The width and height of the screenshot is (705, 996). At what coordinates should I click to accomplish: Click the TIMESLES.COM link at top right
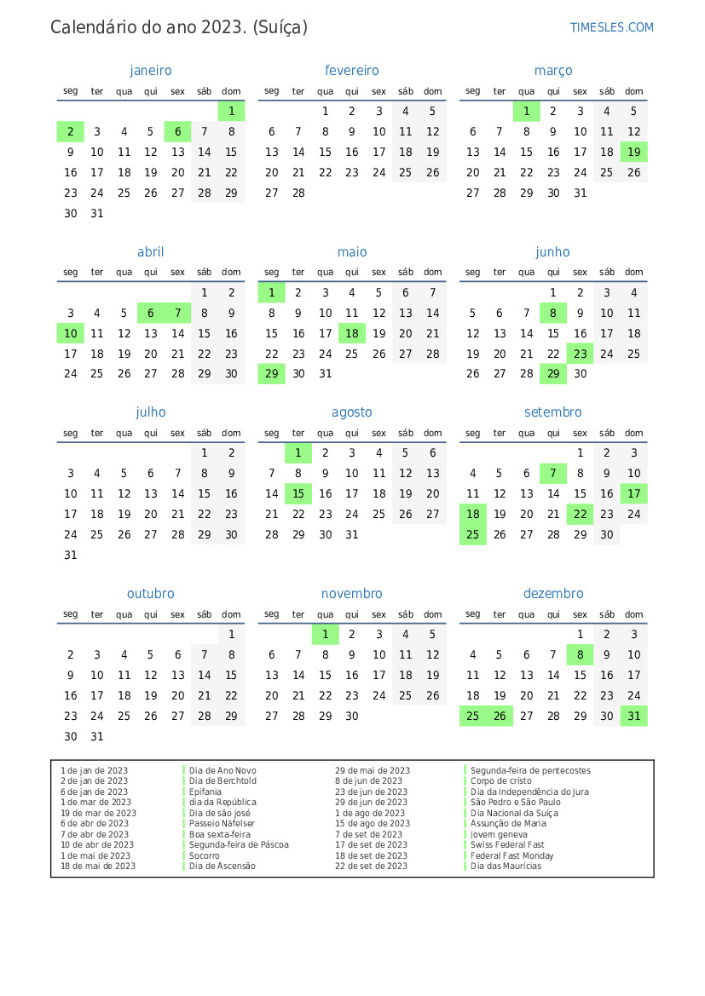click(x=611, y=27)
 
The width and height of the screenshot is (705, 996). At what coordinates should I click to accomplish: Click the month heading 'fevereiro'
click(x=351, y=71)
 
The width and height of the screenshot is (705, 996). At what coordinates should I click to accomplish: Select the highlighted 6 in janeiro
click(x=177, y=131)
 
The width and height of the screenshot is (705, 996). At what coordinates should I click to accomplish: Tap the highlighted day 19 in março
click(x=633, y=153)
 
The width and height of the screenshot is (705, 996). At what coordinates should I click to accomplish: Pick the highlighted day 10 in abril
click(x=71, y=333)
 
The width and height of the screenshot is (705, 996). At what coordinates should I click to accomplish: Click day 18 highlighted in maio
click(x=352, y=333)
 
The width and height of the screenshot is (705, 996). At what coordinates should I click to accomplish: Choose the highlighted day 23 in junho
click(x=581, y=354)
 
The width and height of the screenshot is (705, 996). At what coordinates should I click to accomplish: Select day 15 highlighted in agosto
click(x=298, y=493)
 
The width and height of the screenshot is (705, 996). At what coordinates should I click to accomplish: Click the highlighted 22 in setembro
click(x=581, y=514)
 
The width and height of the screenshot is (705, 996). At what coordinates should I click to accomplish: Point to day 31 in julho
click(x=71, y=555)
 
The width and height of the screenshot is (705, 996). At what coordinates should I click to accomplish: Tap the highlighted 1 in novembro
click(x=325, y=634)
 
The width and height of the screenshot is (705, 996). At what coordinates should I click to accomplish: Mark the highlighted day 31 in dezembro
click(x=633, y=717)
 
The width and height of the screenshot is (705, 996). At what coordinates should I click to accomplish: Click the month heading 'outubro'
click(x=150, y=594)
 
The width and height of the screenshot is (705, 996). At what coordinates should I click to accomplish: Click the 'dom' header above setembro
click(x=633, y=433)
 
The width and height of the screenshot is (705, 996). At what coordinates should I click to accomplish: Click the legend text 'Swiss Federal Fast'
click(x=507, y=845)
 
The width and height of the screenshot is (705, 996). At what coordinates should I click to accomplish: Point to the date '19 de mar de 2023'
click(x=98, y=813)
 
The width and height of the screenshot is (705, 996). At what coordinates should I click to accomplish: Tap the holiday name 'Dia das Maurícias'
click(x=506, y=866)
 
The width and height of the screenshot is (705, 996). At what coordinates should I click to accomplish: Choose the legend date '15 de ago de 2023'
click(x=372, y=824)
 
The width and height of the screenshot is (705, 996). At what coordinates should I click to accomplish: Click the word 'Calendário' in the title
click(x=93, y=27)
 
